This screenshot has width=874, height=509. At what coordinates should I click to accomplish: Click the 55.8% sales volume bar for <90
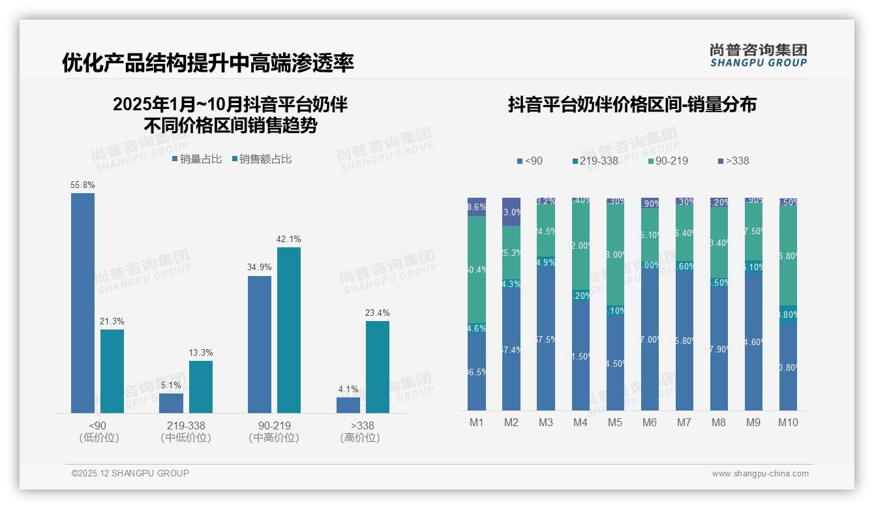(83, 303)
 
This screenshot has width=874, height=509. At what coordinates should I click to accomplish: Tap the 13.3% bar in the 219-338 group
(201, 386)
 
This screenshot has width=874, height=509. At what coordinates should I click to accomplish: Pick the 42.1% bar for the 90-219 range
(289, 330)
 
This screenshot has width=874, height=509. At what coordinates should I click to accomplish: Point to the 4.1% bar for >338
(348, 405)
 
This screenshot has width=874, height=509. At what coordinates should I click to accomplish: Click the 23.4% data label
(378, 313)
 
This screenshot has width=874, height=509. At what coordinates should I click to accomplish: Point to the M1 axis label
(477, 422)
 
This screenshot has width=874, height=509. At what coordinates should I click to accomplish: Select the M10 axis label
(788, 422)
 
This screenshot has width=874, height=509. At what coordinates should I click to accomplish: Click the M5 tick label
(615, 422)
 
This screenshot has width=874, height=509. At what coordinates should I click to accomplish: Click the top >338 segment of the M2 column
(511, 211)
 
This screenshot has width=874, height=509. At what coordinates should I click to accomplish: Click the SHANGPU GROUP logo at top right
(758, 55)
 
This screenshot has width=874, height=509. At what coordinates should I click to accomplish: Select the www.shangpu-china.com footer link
(760, 474)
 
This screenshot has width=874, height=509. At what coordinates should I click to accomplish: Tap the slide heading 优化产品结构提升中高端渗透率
(208, 63)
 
